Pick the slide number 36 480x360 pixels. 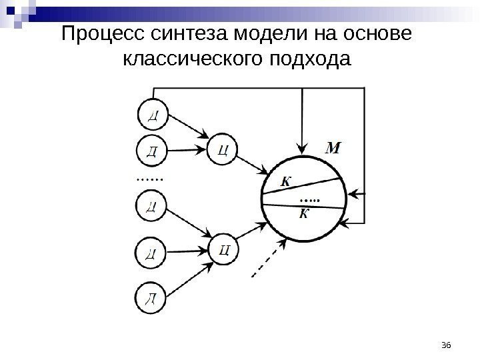(x=447, y=344)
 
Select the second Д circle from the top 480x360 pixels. (x=152, y=150)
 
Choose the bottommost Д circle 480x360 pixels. (x=153, y=297)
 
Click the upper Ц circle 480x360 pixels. (x=224, y=149)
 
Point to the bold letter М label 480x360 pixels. (x=332, y=147)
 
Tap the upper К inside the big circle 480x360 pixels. (x=286, y=180)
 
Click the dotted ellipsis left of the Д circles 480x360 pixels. (x=149, y=179)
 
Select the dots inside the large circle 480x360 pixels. (x=310, y=198)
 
